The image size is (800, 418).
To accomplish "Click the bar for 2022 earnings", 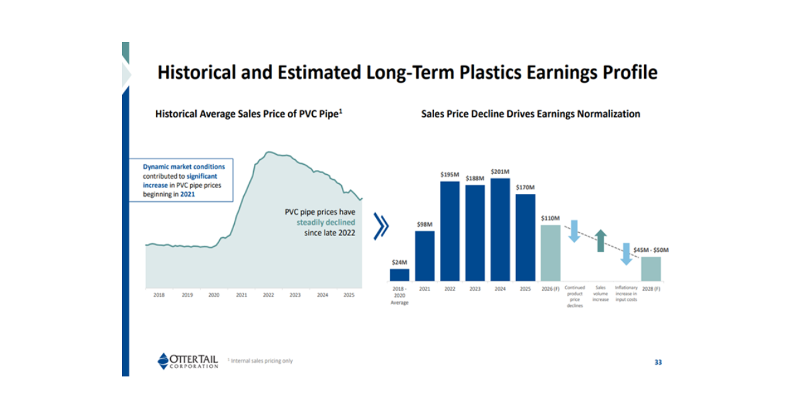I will point(450,231).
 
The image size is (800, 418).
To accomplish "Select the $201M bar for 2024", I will point(500,229).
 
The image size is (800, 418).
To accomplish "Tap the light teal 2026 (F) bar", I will point(551,253).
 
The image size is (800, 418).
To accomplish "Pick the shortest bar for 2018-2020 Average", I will point(399,274).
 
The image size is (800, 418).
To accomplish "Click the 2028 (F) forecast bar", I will point(651,269).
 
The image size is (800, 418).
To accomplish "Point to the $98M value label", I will point(425,225).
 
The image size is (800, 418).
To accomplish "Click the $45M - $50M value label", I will point(651,250).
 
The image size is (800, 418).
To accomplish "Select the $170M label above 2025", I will point(525,187).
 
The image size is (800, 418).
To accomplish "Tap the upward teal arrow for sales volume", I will point(601,241).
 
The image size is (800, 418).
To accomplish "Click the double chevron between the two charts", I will point(381,227).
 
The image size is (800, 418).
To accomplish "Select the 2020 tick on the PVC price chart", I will point(213,294).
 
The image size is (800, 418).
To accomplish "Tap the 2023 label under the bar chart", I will point(475,289).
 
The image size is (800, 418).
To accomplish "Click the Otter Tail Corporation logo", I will point(188,361).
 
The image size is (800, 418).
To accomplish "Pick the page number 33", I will point(657,362).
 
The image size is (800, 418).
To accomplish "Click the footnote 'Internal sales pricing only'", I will point(261,361).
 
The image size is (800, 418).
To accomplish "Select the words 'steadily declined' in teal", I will point(326,223).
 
